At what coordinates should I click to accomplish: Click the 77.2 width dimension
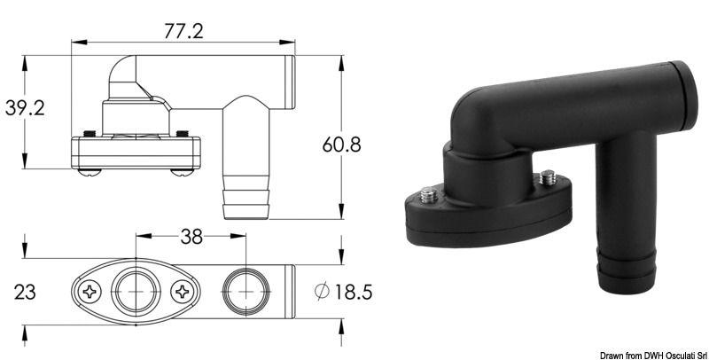(182, 31)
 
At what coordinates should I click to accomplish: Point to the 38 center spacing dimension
(191, 237)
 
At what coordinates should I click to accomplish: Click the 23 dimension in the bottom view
(25, 289)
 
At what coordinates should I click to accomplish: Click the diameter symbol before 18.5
(323, 289)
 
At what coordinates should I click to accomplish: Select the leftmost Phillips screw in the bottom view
(90, 291)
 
